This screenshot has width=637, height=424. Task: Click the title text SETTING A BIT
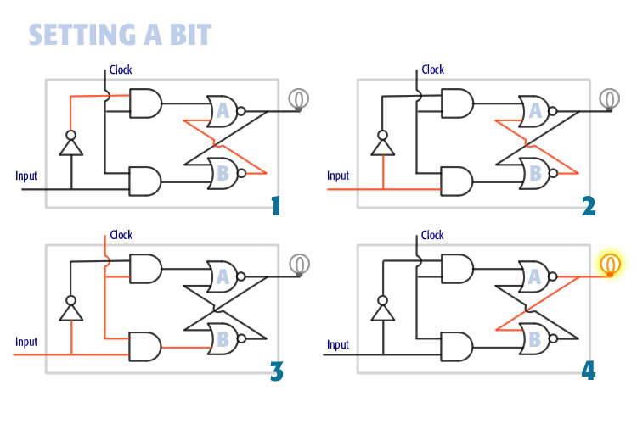[120, 35]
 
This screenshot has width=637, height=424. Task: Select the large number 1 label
[273, 205]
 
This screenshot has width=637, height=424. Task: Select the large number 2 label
[588, 205]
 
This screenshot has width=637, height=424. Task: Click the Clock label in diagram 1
[121, 70]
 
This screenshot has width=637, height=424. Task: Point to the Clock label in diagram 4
[432, 235]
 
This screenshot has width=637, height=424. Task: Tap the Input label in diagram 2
[338, 176]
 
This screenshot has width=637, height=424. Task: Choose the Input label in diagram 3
[26, 341]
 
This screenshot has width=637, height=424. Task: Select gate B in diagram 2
[536, 173]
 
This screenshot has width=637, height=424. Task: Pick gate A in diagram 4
[536, 276]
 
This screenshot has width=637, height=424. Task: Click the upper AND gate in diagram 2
[457, 103]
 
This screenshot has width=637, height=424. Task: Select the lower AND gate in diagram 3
[144, 346]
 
